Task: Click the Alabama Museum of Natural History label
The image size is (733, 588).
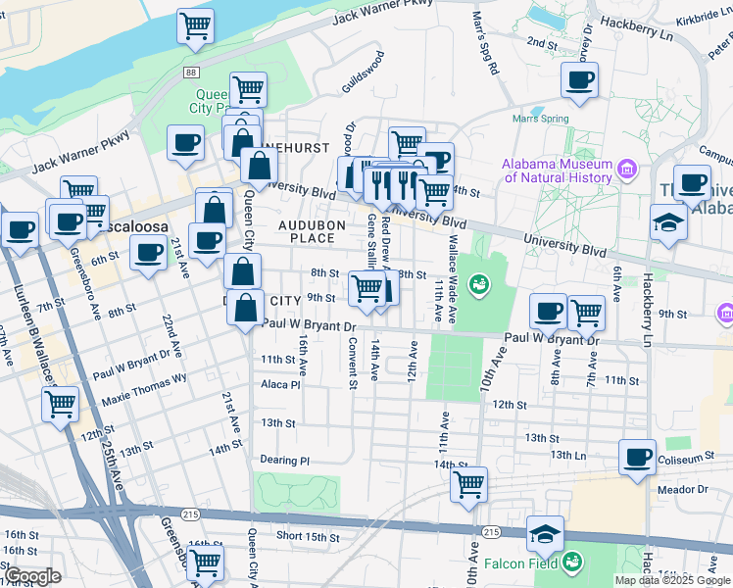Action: point(557,171)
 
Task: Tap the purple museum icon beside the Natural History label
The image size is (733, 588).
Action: point(628,171)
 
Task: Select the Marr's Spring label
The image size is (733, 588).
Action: point(540,120)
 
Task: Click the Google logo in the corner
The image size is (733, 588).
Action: point(32,575)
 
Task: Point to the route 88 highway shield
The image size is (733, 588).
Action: point(190,73)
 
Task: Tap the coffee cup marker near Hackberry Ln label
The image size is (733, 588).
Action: point(579,79)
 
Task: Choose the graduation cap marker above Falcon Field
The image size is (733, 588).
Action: point(545,533)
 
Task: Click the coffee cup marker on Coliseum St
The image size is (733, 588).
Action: point(637,456)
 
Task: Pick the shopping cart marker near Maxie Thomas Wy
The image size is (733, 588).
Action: point(60,403)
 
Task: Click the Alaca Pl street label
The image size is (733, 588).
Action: point(280,385)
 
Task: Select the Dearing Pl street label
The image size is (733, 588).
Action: point(284,460)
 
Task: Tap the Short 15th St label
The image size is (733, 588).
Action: point(307,537)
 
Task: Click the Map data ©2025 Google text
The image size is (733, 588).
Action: point(673,580)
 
